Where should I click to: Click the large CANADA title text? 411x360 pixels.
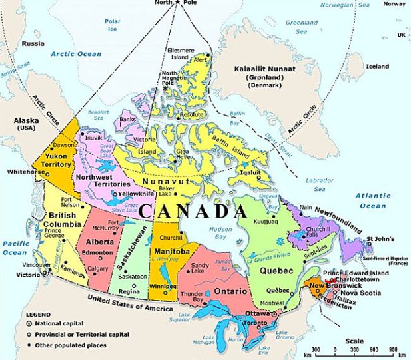(x=194, y=212)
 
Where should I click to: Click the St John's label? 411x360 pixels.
(x=382, y=238)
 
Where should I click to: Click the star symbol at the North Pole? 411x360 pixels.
(x=178, y=3)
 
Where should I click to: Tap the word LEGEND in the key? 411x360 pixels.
(x=39, y=313)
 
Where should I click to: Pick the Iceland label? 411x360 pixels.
(x=377, y=67)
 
